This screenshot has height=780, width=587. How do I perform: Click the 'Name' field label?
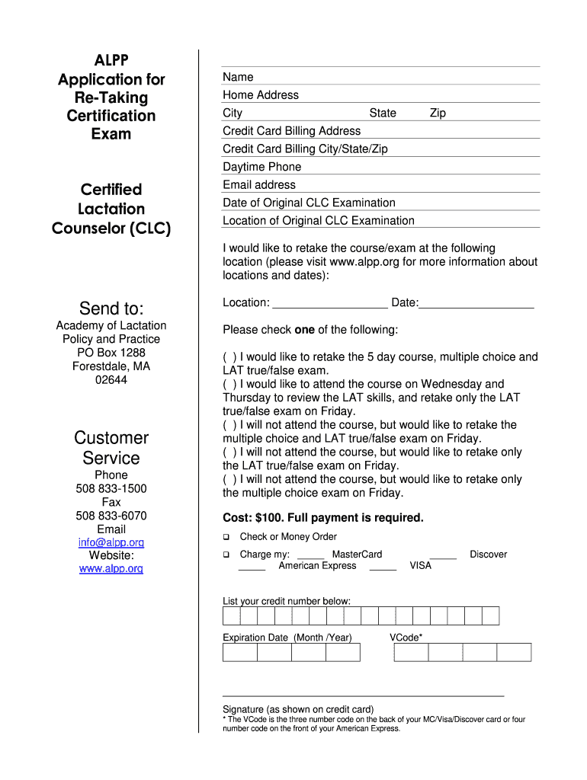(x=238, y=77)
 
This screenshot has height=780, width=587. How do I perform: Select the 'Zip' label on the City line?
(x=438, y=113)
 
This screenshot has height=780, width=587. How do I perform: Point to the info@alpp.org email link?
(x=111, y=542)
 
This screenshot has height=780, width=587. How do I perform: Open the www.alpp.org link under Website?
(x=111, y=569)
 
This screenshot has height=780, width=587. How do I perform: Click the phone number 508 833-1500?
(x=111, y=488)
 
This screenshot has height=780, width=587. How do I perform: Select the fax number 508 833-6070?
(x=111, y=516)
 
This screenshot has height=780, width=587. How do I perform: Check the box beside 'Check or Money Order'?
(x=226, y=537)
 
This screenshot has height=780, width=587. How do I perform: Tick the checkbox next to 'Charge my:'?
(x=226, y=555)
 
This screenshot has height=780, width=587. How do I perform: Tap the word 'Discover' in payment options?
(x=488, y=555)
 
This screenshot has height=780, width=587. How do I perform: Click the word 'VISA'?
(x=420, y=565)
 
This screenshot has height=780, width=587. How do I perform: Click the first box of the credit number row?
(x=231, y=615)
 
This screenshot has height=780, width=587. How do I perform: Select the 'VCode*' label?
(x=406, y=638)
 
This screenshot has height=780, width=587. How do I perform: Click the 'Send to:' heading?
(x=111, y=308)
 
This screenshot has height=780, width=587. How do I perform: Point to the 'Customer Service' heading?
(x=111, y=448)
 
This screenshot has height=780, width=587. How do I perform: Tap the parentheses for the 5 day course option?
(x=229, y=356)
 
